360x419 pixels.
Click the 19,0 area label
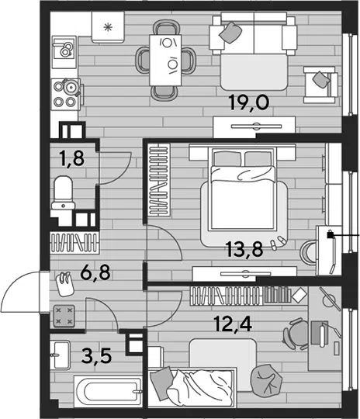tap(249, 103)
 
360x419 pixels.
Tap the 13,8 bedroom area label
tap(245, 249)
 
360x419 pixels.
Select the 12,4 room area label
tap(234, 324)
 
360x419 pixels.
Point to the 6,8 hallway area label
tap(95, 272)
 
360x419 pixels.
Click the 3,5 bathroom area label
tap(96, 356)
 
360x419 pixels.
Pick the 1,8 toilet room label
tap(71, 158)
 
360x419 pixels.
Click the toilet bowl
tap(64, 192)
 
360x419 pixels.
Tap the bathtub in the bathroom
tap(108, 392)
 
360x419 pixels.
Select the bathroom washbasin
tap(61, 355)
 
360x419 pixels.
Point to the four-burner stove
tap(66, 95)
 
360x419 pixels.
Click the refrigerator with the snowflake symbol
tap(108, 27)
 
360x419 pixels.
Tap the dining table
tap(166, 60)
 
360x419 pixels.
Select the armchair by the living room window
tap(320, 85)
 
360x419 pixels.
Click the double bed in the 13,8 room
tap(243, 190)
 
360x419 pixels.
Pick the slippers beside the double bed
tap(279, 241)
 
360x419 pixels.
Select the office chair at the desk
tap(296, 334)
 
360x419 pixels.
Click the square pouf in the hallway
tap(64, 317)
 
